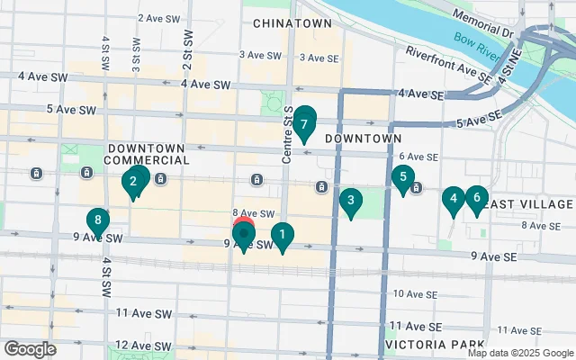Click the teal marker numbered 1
tap(283, 237)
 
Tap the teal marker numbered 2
tap(134, 184)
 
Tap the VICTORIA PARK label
tap(422, 345)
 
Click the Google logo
tap(30, 348)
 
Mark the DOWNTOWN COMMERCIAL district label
tap(148, 153)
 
